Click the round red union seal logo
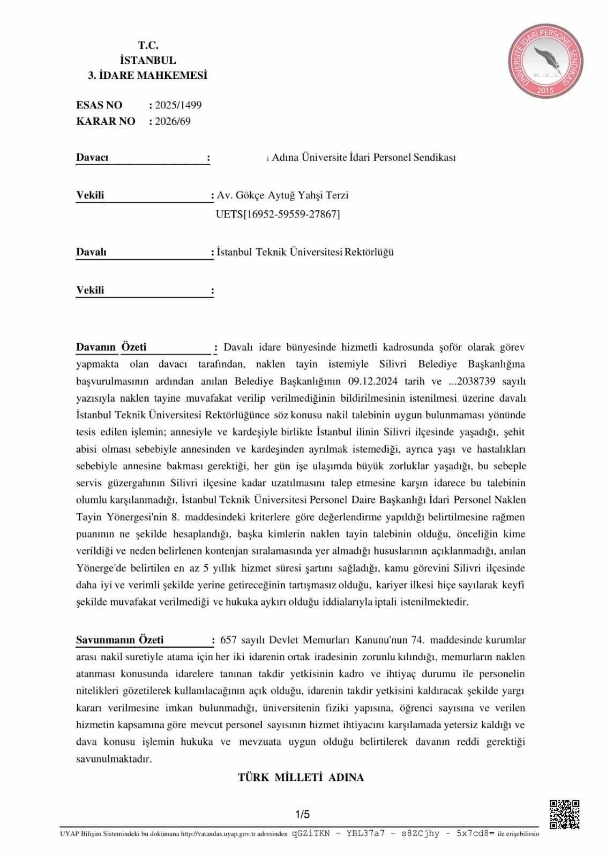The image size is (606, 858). click(x=545, y=61)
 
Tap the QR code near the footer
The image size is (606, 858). click(x=564, y=815)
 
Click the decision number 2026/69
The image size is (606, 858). click(x=173, y=121)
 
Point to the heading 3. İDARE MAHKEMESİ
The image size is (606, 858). click(x=147, y=76)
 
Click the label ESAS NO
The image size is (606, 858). click(x=99, y=105)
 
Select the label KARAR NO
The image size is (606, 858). click(x=106, y=121)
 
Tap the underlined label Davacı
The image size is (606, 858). click(x=92, y=158)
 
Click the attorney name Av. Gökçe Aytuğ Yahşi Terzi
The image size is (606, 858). click(x=282, y=195)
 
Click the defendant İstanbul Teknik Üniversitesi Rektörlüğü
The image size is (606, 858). click(x=305, y=252)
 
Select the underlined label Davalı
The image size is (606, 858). click(x=91, y=252)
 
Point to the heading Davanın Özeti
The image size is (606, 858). click(x=111, y=347)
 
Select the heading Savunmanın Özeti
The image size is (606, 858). click(x=119, y=640)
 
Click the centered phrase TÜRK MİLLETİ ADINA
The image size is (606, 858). click(x=301, y=777)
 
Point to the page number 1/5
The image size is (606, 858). click(x=302, y=814)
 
